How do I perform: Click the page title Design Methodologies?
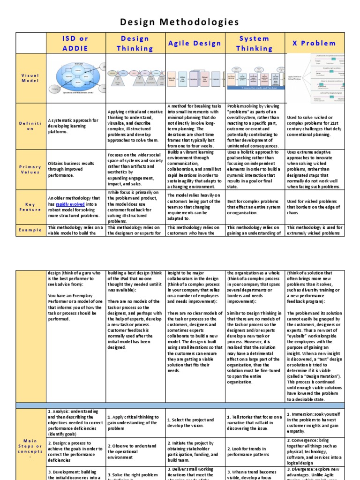tap(180, 22)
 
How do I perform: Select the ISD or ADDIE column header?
tap(76, 43)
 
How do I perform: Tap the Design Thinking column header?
tap(135, 43)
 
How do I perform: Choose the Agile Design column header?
tap(195, 43)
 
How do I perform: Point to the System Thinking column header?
tap(254, 43)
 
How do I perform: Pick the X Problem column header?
tap(315, 43)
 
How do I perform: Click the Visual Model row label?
tap(30, 78)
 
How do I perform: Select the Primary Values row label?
tap(30, 170)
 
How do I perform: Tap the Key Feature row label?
tap(30, 207)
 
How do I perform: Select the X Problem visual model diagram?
tap(315, 78)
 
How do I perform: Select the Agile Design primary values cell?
tap(195, 170)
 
